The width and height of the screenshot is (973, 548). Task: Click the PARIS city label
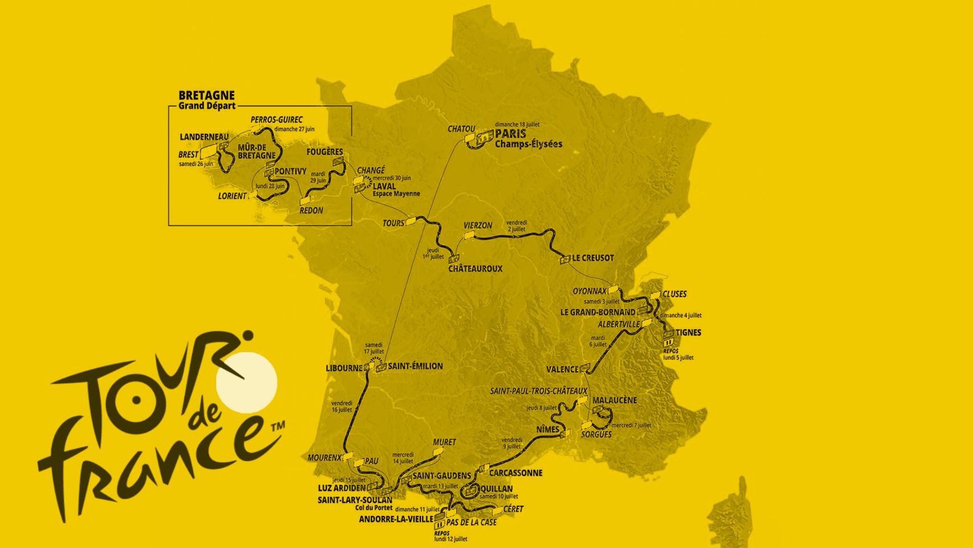pyautogui.click(x=510, y=134)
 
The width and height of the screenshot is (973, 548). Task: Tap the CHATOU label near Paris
pyautogui.click(x=461, y=129)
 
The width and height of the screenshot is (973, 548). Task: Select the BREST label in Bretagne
pyautogui.click(x=188, y=155)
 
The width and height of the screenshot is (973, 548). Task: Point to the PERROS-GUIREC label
pyautogui.click(x=277, y=120)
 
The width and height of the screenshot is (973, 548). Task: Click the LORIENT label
pyautogui.click(x=232, y=196)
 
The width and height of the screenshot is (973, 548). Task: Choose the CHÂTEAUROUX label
pyautogui.click(x=475, y=268)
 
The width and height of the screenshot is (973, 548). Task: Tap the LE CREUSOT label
pyautogui.click(x=593, y=258)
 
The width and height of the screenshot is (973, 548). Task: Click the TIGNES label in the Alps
pyautogui.click(x=688, y=332)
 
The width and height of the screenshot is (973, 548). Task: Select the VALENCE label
pyautogui.click(x=562, y=369)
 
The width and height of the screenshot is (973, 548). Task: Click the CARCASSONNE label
pyautogui.click(x=516, y=473)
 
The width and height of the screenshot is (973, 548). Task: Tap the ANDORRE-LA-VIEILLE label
pyautogui.click(x=396, y=519)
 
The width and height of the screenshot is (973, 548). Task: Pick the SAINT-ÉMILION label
pyautogui.click(x=415, y=366)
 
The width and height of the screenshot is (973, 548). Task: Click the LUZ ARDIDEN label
pyautogui.click(x=342, y=489)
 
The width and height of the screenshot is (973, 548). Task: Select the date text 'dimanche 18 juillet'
pyautogui.click(x=517, y=124)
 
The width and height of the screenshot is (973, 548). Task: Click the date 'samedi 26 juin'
pyautogui.click(x=196, y=164)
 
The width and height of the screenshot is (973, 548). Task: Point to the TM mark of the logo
pyautogui.click(x=278, y=426)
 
